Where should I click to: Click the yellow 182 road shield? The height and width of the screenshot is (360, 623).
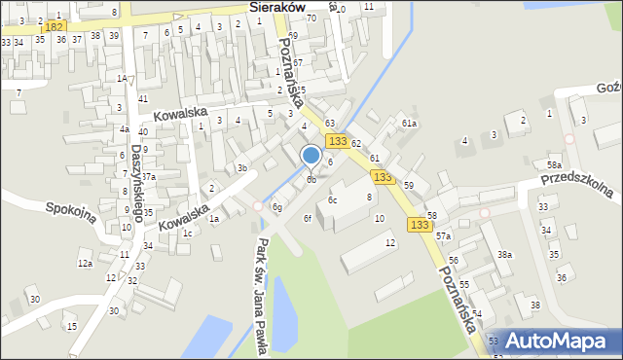(55, 26)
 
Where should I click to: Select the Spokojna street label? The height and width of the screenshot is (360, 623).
(71, 211)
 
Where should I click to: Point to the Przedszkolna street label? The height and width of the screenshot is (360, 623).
(582, 182)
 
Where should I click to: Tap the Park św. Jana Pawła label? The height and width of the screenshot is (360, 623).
(261, 298)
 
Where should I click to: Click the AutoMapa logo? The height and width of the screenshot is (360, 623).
(555, 341)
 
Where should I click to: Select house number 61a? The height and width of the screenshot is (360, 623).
(409, 124)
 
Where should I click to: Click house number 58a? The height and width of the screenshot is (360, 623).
(554, 166)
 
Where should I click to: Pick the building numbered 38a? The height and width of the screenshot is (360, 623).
(504, 255)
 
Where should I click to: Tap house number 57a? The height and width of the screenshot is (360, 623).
(444, 236)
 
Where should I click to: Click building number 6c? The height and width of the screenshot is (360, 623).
(333, 199)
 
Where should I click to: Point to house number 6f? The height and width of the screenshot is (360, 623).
(308, 218)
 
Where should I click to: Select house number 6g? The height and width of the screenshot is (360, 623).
(277, 207)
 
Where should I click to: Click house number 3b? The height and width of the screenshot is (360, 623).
(242, 168)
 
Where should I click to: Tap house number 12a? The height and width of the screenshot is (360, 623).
(85, 264)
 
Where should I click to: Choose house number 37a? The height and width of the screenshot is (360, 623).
(149, 176)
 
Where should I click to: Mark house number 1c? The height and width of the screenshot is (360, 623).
(186, 233)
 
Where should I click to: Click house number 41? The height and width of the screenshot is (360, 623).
(143, 98)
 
